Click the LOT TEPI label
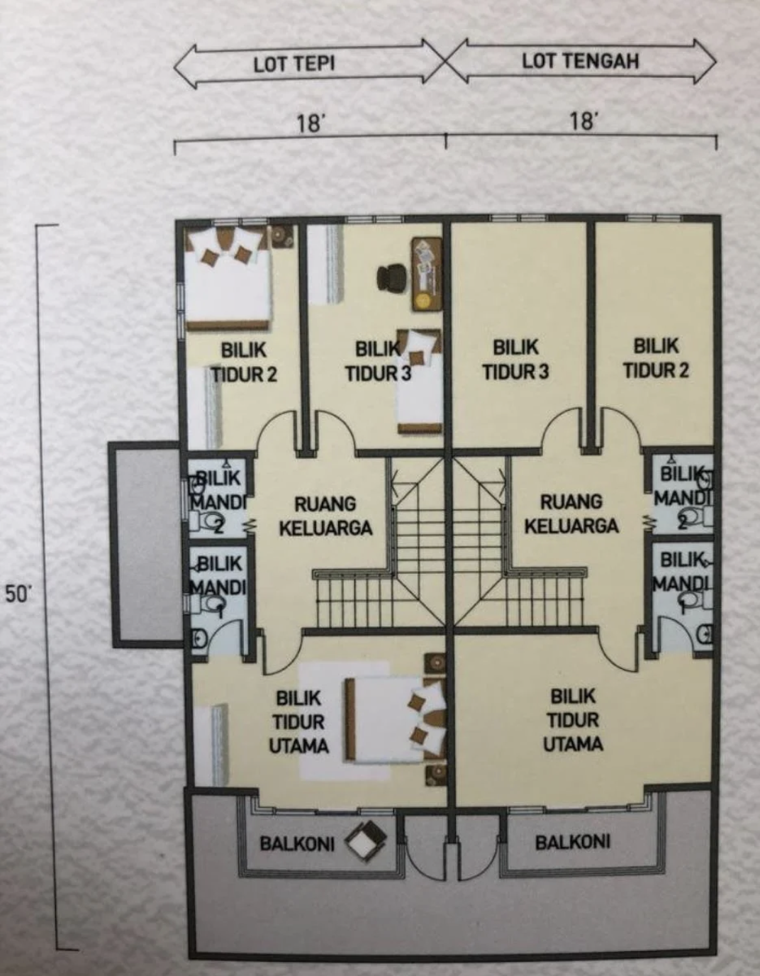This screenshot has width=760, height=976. pyautogui.click(x=294, y=65)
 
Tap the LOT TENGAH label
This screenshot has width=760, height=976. pyautogui.click(x=580, y=62)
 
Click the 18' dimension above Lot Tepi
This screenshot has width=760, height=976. pyautogui.click(x=310, y=123)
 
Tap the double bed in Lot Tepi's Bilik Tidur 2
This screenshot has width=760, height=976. pyautogui.click(x=228, y=277)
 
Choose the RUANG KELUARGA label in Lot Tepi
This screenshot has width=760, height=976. pyautogui.click(x=325, y=516)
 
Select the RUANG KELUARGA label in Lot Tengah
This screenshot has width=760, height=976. pyautogui.click(x=571, y=514)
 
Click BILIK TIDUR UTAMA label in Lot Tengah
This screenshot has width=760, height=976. pyautogui.click(x=573, y=720)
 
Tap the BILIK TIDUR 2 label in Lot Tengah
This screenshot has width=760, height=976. pyautogui.click(x=656, y=358)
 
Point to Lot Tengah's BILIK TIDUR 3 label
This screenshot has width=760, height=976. pyautogui.click(x=516, y=360)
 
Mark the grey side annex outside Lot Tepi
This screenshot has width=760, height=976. pyautogui.click(x=146, y=544)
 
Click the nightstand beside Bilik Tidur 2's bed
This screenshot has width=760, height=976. pyautogui.click(x=282, y=235)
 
